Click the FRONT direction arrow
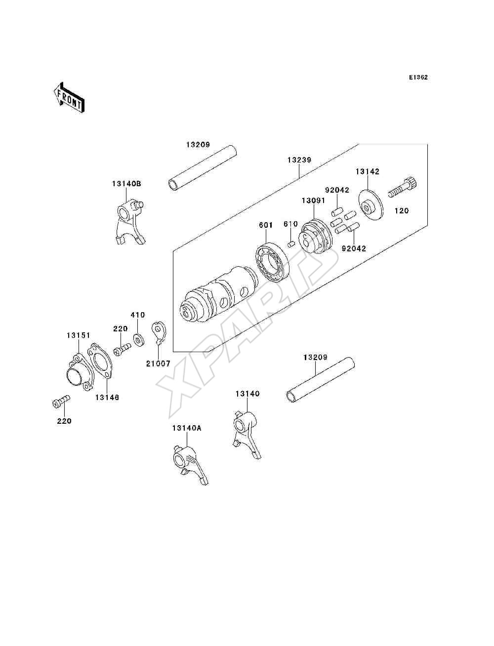[70, 98]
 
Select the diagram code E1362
[418, 78]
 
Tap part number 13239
[299, 160]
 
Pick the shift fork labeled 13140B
[130, 222]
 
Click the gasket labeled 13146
[100, 361]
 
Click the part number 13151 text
[79, 335]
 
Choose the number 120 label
[402, 211]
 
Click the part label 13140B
[126, 184]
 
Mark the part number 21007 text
[159, 364]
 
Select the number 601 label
[266, 225]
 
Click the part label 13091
[313, 201]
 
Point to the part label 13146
[107, 397]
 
